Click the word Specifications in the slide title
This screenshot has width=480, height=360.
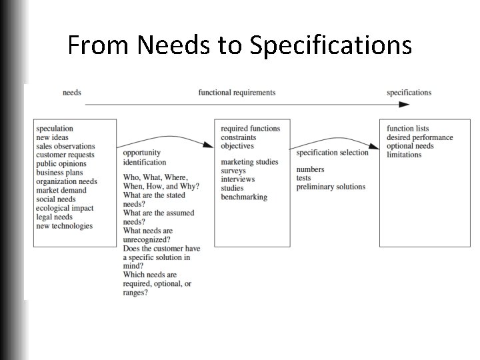pyautogui.click(x=331, y=45)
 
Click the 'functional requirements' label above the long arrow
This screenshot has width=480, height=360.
pyautogui.click(x=237, y=93)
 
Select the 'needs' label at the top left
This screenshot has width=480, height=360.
pyautogui.click(x=72, y=93)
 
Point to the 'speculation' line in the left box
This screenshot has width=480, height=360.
pyautogui.click(x=55, y=129)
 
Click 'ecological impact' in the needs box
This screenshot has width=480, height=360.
pyautogui.click(x=65, y=208)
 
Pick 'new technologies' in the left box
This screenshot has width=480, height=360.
pyautogui.click(x=65, y=225)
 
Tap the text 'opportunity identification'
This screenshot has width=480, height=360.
pyautogui.click(x=145, y=157)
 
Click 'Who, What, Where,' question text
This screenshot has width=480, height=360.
pyautogui.click(x=155, y=177)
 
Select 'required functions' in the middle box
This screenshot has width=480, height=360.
pyautogui.click(x=250, y=129)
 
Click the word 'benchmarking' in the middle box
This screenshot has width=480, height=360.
pyautogui.click(x=244, y=197)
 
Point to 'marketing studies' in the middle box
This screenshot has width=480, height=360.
pyautogui.click(x=249, y=162)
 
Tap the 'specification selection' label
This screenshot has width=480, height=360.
pyautogui.click(x=332, y=153)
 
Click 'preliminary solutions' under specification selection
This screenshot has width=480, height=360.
pyautogui.click(x=331, y=187)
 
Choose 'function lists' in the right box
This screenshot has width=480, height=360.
pyautogui.click(x=408, y=129)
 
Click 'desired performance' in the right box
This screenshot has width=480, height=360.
pyautogui.click(x=420, y=137)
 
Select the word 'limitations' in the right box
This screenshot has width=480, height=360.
pyautogui.click(x=404, y=155)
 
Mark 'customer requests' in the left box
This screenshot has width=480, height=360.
pyautogui.click(x=65, y=155)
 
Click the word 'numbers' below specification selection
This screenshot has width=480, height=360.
pyautogui.click(x=310, y=169)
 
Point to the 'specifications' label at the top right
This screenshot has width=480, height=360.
pyautogui.click(x=409, y=93)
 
